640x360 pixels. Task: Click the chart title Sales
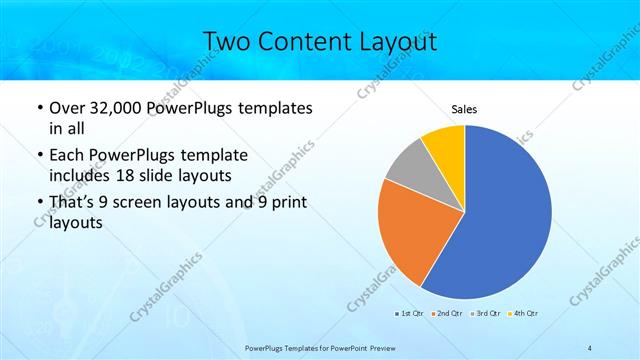coord(464,109)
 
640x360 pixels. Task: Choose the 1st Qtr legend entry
coord(409,313)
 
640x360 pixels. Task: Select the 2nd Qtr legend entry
coord(446,313)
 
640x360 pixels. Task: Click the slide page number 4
coord(590,347)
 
